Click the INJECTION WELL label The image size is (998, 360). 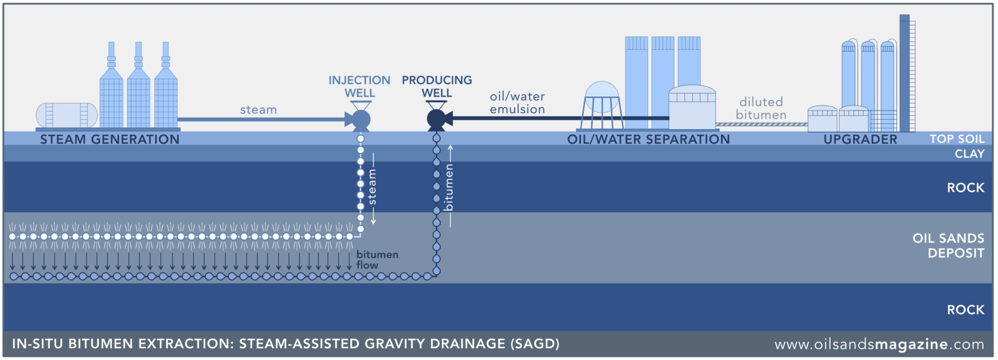[359, 87]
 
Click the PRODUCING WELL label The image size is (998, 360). [437, 87]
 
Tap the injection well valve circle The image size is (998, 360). [361, 120]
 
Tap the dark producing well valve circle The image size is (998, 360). [436, 119]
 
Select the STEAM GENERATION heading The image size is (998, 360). [110, 139]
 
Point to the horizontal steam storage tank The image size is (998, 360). [67, 115]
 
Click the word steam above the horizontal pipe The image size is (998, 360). [258, 110]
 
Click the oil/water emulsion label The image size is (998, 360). [517, 103]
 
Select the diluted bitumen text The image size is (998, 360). [761, 108]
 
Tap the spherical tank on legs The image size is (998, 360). [602, 98]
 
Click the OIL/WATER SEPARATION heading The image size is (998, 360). [648, 139]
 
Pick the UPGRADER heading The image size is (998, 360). [860, 139]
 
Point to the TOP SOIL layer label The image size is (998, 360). [957, 139]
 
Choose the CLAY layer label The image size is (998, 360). [969, 153]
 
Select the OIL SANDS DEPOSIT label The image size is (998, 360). [948, 246]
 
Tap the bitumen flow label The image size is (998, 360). [377, 260]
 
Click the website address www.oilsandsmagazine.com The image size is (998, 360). [879, 344]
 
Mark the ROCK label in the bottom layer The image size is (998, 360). [965, 309]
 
